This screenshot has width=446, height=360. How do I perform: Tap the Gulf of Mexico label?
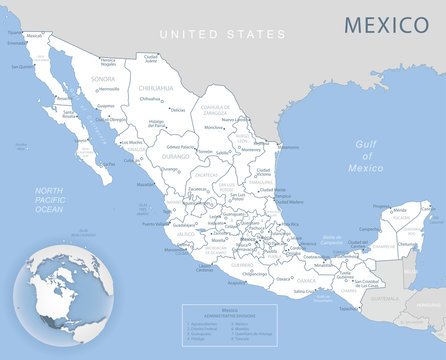point(369,156)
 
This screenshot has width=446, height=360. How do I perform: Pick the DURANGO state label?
point(174,157)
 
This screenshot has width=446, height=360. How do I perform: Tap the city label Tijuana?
point(13,32)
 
